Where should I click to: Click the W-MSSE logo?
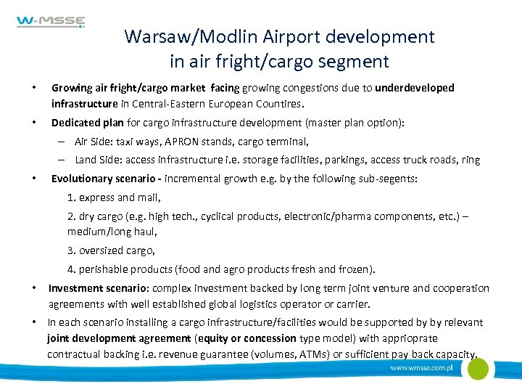tap(51, 23)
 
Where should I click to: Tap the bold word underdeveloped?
tap(415, 88)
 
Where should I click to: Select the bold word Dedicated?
tap(76, 123)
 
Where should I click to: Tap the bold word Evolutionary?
tap(82, 179)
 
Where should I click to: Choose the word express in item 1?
tap(96, 197)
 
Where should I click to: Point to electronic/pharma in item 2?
tap(326, 216)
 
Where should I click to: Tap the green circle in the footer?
tap(477, 369)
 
